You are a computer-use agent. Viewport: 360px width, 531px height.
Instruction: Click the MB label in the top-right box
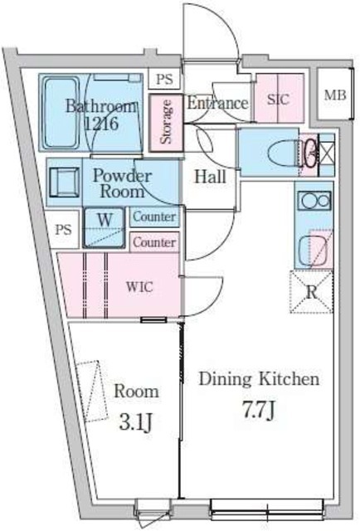pos(335,95)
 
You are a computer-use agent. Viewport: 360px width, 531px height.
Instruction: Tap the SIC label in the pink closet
pos(279,100)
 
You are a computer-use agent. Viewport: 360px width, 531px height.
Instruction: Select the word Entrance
pos(217,103)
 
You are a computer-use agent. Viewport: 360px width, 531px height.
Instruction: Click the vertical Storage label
pos(166,122)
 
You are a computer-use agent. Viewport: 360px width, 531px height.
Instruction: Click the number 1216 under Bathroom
pos(101,124)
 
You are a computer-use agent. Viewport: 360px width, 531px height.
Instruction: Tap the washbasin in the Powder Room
pos(65,183)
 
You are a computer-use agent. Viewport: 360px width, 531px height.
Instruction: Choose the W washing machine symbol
pos(105,227)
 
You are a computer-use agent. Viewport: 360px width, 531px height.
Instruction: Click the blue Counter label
pos(154,217)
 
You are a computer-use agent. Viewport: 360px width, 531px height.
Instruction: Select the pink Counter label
pos(154,242)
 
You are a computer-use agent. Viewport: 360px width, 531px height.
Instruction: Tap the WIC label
pos(139,287)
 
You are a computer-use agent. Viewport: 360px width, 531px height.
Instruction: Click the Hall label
pos(210,177)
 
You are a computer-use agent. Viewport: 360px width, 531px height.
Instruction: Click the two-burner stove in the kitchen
pos(314,201)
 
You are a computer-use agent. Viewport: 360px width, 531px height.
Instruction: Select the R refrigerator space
pos(312,291)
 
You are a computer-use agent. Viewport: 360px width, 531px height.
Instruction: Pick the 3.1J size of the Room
pos(135,423)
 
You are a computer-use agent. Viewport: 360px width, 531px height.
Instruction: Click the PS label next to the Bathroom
pos(164,80)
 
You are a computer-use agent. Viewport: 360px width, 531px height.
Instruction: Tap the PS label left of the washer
pos(64,231)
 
